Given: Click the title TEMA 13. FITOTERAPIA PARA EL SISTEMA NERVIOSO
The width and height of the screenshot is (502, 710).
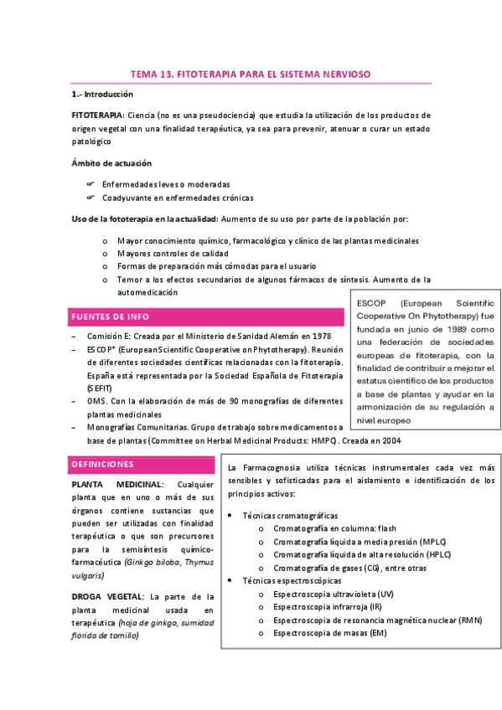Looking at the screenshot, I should tap(251, 75).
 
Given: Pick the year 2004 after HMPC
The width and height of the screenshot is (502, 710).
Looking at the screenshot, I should tap(391, 440).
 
